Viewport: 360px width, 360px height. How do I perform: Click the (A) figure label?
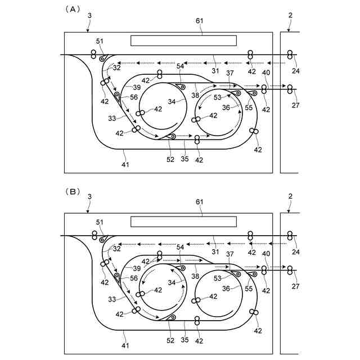(x=74, y=9)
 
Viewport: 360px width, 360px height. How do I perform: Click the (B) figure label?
(x=74, y=191)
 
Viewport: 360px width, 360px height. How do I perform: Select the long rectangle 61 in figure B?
(x=183, y=221)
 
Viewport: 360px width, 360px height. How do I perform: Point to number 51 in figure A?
(x=100, y=41)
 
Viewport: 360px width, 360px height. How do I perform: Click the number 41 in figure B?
(x=125, y=346)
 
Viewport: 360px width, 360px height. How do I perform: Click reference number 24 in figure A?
(x=296, y=71)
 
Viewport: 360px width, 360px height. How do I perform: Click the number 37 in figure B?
(x=229, y=254)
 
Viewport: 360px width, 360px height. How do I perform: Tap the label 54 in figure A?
(x=180, y=66)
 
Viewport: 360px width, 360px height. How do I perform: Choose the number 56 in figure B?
(x=134, y=278)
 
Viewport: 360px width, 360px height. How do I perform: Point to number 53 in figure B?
(x=217, y=278)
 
